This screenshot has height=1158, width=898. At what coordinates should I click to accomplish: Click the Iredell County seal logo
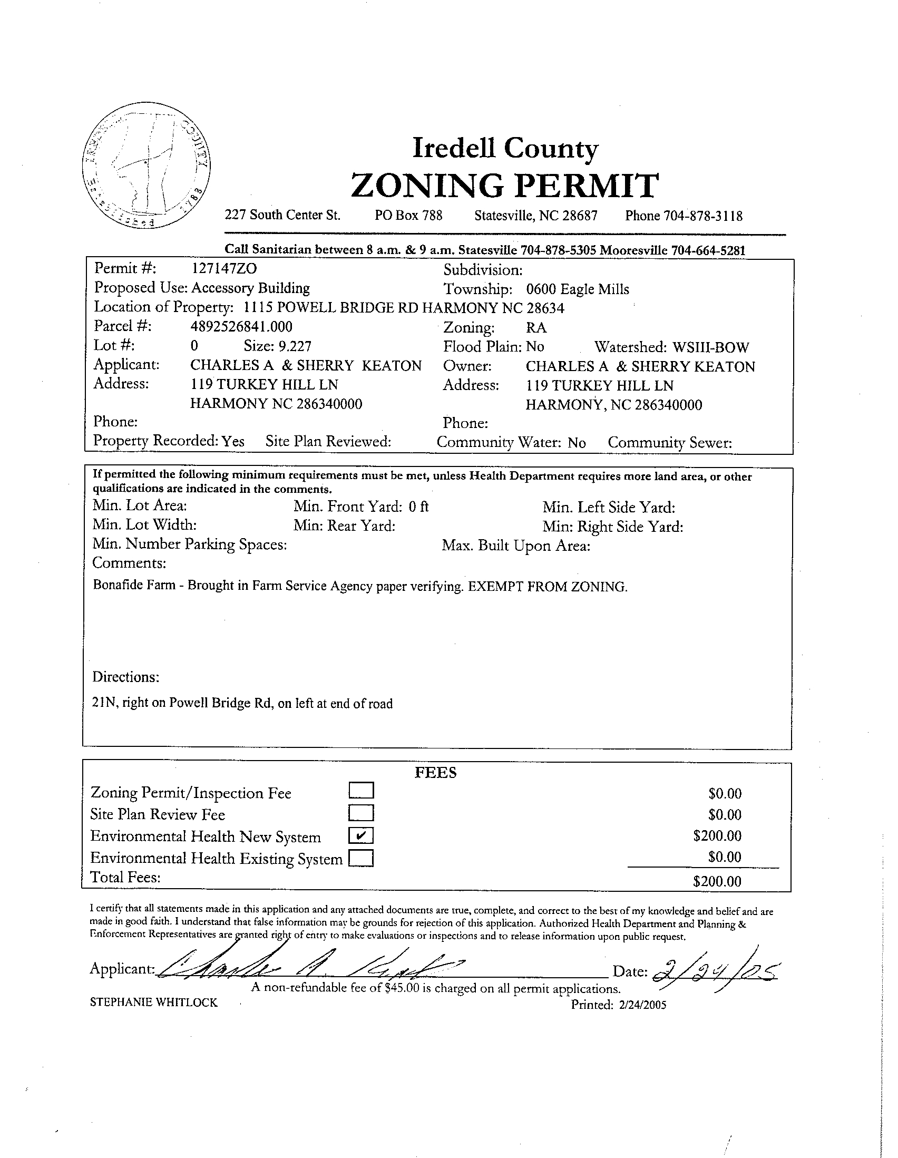(x=147, y=166)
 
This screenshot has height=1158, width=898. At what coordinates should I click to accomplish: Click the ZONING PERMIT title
(x=505, y=185)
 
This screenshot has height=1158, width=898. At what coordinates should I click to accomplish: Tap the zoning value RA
(x=536, y=328)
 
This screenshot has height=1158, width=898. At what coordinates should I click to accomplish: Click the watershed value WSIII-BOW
(x=710, y=347)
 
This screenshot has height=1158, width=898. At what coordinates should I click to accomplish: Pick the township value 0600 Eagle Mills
(x=577, y=289)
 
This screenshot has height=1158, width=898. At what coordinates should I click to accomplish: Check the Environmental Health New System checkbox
(x=361, y=836)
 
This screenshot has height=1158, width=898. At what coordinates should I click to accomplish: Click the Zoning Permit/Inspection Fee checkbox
(x=362, y=791)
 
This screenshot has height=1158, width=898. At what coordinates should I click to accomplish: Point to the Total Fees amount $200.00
(x=717, y=882)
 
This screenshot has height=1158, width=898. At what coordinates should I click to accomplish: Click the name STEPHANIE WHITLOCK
(x=154, y=1003)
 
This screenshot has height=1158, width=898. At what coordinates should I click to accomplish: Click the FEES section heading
(x=435, y=773)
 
